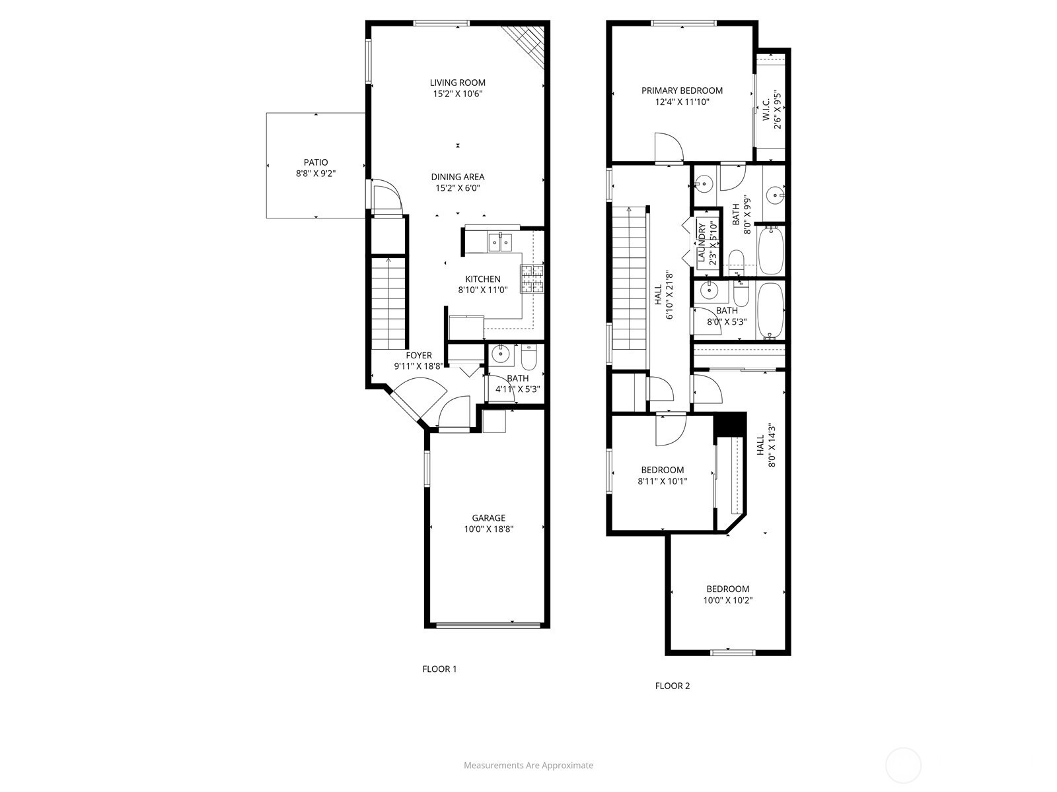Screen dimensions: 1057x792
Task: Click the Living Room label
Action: tap(457, 82)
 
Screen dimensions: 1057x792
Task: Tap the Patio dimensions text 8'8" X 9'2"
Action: tap(315, 174)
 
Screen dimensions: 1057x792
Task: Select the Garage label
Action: tap(488, 518)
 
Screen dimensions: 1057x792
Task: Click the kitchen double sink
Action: tap(500, 242)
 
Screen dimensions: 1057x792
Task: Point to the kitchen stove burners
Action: tap(532, 279)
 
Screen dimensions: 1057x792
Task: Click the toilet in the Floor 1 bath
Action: tap(528, 355)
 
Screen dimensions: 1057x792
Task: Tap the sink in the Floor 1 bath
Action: tap(501, 354)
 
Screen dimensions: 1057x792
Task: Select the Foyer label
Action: tap(418, 355)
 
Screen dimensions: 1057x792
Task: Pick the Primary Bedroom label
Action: tap(682, 90)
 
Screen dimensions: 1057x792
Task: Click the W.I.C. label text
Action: tap(766, 110)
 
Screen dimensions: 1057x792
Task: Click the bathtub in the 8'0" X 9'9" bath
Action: tap(771, 250)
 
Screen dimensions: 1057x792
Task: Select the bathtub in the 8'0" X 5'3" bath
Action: tap(770, 311)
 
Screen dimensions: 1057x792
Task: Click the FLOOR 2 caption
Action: tap(673, 686)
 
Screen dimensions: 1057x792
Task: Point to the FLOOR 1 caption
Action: tap(439, 669)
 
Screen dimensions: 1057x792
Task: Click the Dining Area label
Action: tap(457, 177)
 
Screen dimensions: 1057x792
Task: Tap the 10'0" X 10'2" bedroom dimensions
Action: tap(727, 600)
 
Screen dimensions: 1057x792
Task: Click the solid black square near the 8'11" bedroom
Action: tap(729, 424)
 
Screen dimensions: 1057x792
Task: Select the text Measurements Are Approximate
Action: tap(528, 765)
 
